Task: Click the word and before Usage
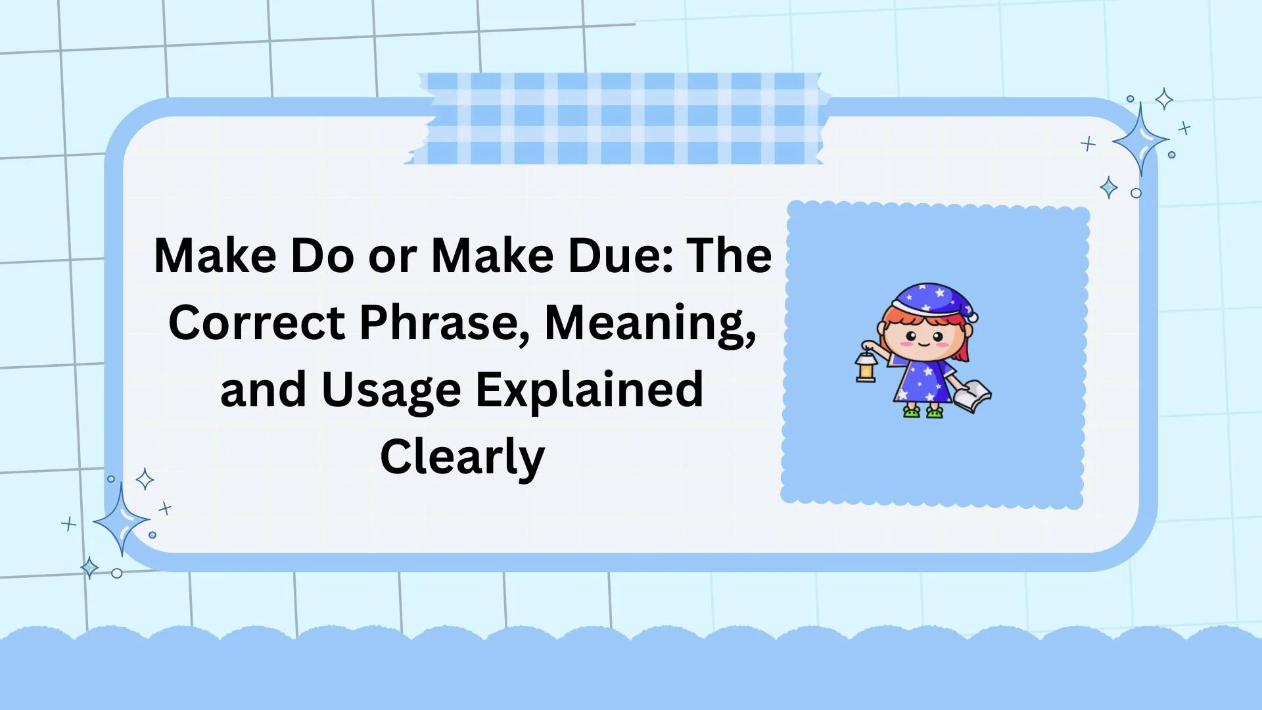(x=263, y=390)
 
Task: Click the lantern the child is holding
(x=866, y=367)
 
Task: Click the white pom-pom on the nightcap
(x=972, y=316)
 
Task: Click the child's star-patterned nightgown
(x=923, y=381)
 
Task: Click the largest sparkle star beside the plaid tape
(x=1141, y=140)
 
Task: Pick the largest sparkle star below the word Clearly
(x=122, y=520)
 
